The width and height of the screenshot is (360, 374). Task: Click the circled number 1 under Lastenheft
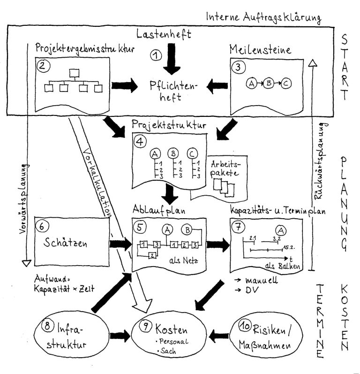click(156, 55)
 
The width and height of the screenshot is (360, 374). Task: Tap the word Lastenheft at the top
click(164, 34)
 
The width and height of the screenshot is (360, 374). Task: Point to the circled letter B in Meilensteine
click(269, 83)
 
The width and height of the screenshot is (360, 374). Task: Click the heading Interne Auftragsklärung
click(264, 18)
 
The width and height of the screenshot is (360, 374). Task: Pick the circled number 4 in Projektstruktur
click(140, 141)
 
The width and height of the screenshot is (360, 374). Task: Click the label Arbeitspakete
click(225, 169)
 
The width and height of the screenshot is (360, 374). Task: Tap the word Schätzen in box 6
click(65, 243)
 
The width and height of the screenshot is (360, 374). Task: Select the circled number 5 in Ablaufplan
click(140, 227)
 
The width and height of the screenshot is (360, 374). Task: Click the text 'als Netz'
click(184, 260)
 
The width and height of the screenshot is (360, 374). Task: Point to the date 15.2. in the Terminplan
click(289, 248)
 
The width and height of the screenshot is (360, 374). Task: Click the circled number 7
click(238, 226)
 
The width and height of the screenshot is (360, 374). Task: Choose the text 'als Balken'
click(283, 266)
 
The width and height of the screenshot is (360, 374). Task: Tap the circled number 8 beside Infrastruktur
click(47, 326)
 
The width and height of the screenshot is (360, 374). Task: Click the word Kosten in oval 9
click(171, 329)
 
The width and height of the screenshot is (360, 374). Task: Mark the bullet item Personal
click(172, 341)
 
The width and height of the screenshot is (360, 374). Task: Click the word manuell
click(262, 280)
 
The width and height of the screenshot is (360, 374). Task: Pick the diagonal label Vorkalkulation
click(97, 182)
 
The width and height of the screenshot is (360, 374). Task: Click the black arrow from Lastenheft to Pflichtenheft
click(172, 59)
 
